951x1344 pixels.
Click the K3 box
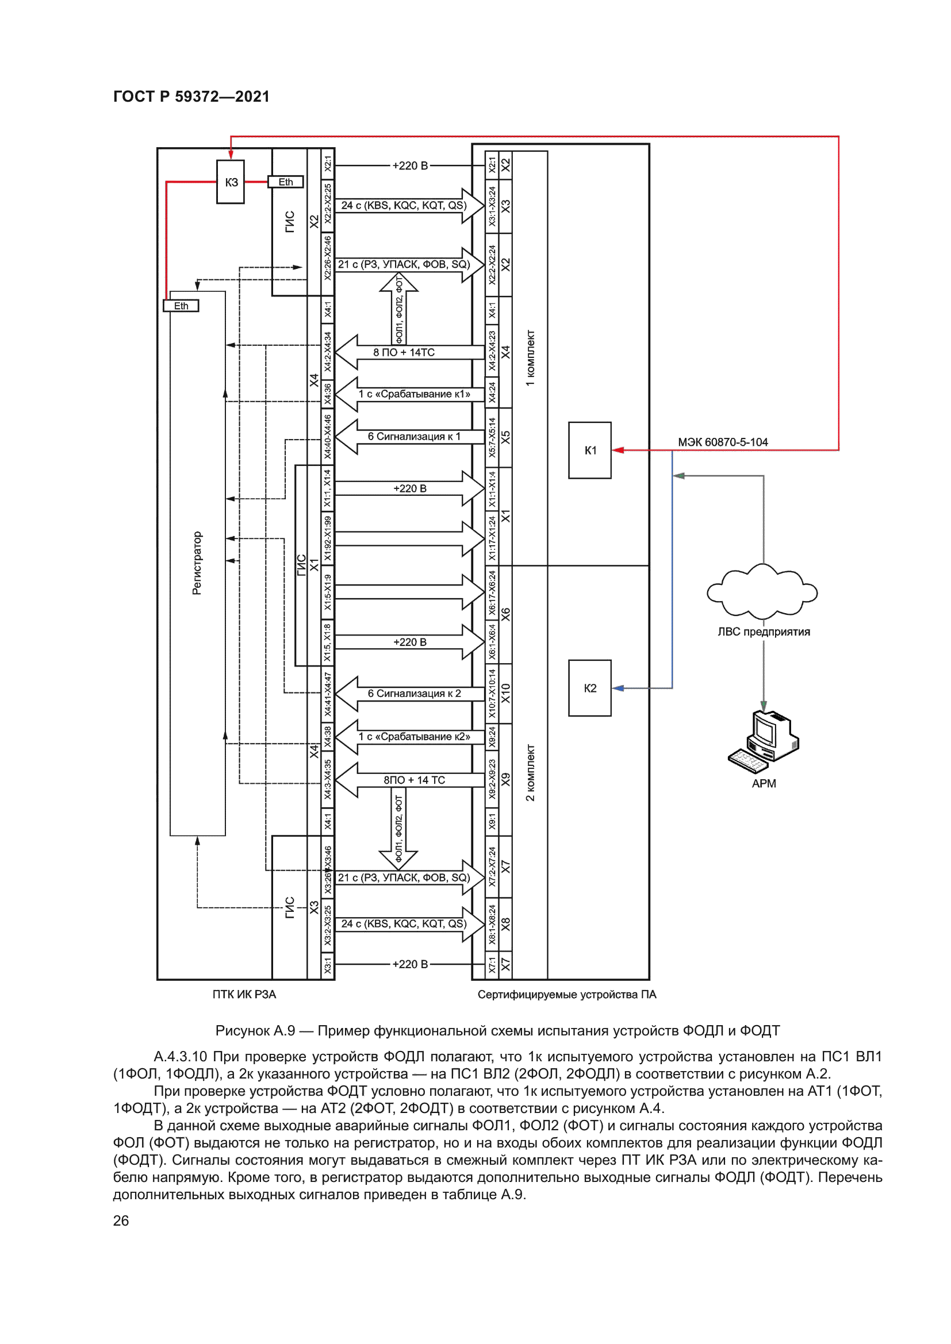pos(231,182)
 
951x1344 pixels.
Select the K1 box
pos(590,450)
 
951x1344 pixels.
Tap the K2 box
pos(590,688)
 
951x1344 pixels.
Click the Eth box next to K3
pos(286,182)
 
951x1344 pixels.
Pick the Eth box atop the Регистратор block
pos(181,306)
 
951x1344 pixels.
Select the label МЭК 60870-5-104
pos(723,442)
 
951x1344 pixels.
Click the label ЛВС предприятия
pos(764,631)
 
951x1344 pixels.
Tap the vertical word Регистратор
pos(197,563)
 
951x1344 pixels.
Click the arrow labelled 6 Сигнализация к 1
pos(410,437)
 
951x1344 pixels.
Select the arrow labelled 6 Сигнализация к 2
pos(410,694)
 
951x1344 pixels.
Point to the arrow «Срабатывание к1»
pos(410,394)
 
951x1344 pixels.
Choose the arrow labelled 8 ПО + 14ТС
pos(410,352)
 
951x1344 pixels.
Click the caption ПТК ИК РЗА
pos(244,994)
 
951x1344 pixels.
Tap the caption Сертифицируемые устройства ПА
pos(566,994)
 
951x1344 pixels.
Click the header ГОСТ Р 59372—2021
pos(191,97)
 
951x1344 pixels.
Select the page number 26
pos(121,1220)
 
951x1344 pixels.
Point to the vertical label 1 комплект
pos(531,357)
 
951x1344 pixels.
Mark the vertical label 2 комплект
pos(531,773)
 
